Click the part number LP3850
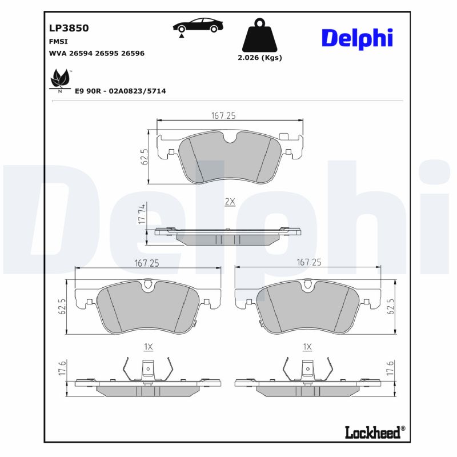pos(69,27)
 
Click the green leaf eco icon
pos(60,78)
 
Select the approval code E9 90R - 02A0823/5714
pos(121,91)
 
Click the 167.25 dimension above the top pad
pos(223,115)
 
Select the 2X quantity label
pos(230,202)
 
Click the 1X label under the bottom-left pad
pos(149,346)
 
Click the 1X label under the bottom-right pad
pos(307,346)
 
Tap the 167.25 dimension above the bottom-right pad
pos(308,262)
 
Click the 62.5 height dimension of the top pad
pos(145,157)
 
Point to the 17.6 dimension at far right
pos(390,369)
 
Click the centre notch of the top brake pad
pos(231,138)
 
